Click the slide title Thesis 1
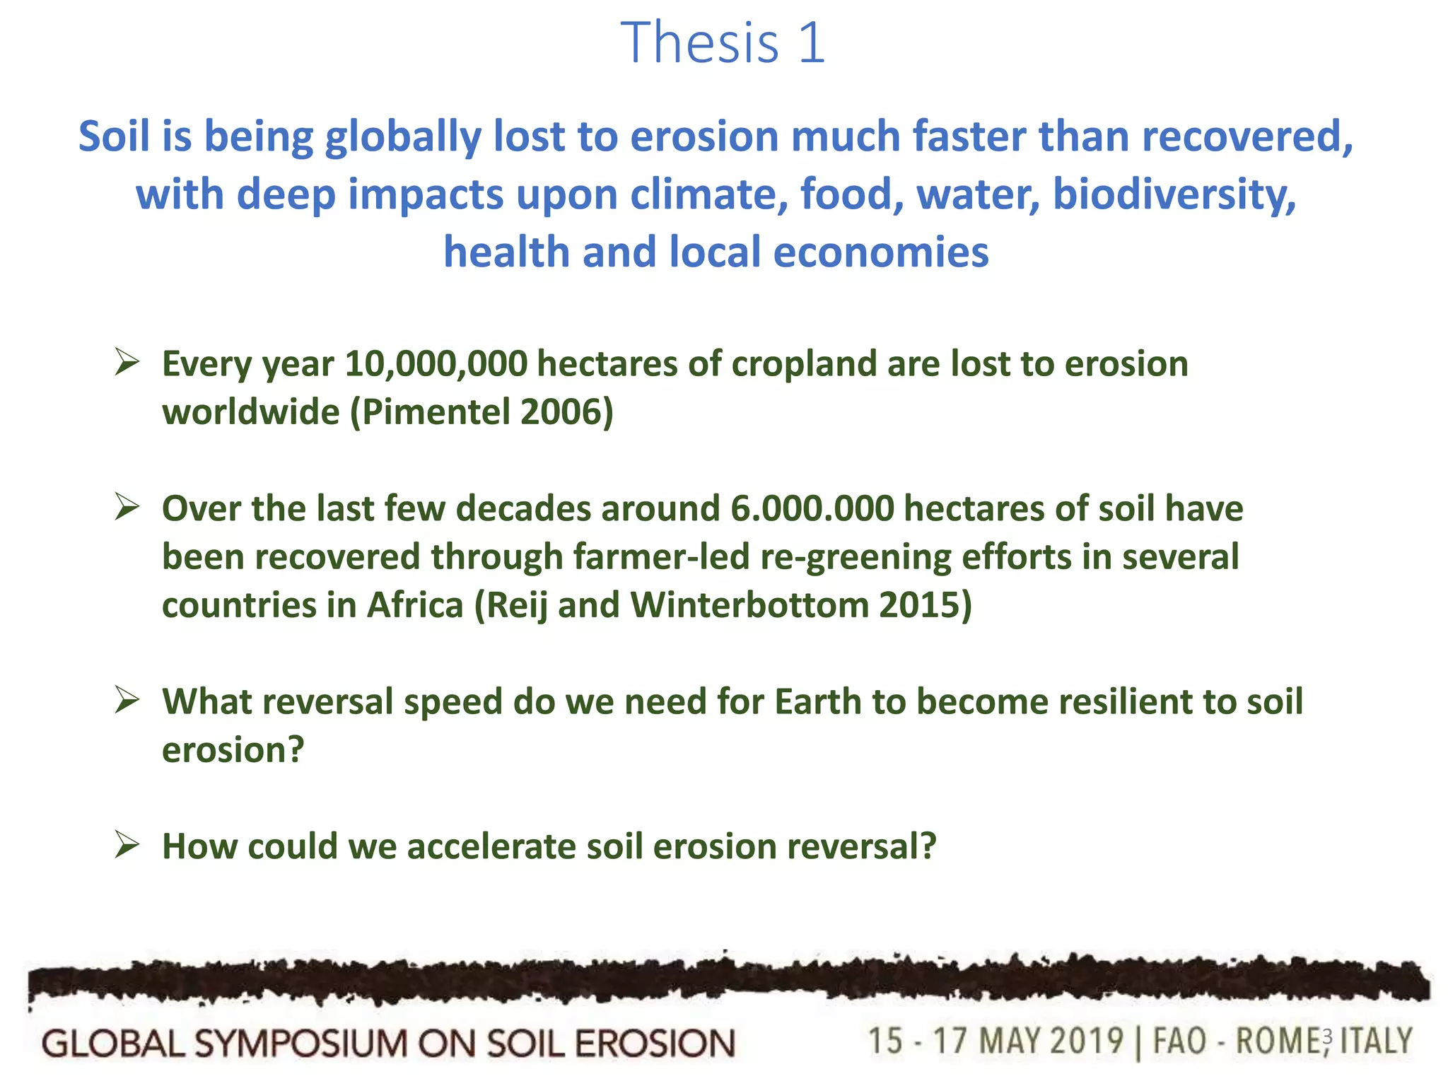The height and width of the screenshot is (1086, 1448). [723, 42]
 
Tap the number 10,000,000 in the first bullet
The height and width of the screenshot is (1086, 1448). [436, 364]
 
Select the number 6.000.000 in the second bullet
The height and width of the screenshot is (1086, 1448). [812, 509]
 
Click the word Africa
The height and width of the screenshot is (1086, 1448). [414, 605]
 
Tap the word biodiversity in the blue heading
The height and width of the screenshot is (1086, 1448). [1174, 194]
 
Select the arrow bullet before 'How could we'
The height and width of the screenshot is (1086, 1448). [127, 845]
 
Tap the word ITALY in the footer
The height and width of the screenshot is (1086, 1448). [1376, 1041]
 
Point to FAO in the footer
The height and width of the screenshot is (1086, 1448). [1179, 1041]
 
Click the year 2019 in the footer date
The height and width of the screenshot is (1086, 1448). [1086, 1041]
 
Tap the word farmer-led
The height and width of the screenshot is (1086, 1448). [661, 557]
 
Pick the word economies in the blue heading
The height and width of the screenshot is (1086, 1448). [881, 252]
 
